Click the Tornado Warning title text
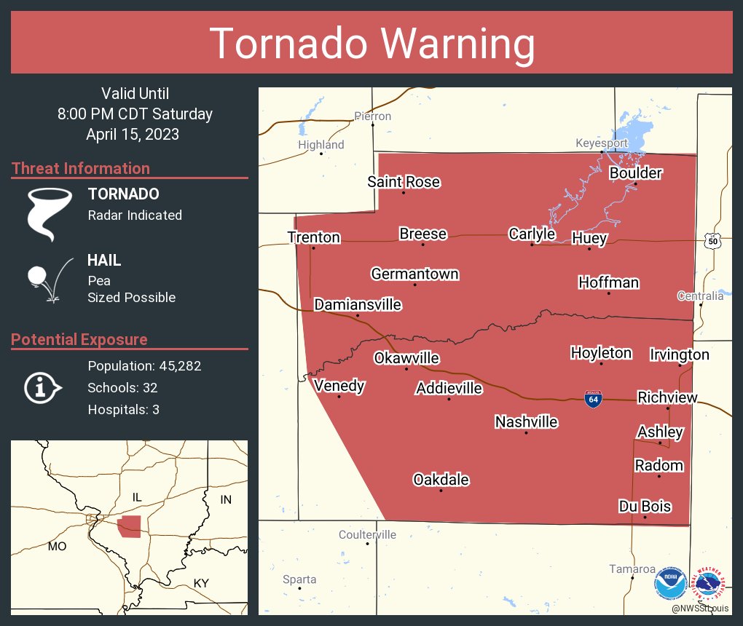(371, 44)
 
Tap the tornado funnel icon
(49, 214)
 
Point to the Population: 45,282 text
(144, 366)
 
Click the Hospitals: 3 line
(123, 410)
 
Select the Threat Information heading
(81, 169)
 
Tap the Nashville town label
(526, 422)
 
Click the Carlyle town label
(532, 234)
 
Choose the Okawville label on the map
(406, 358)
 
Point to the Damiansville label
(358, 304)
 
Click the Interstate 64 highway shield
(592, 399)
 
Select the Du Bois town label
(645, 507)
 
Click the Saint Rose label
(404, 182)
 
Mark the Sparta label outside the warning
(299, 579)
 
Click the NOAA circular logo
(670, 585)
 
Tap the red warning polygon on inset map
(130, 526)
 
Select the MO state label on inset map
(57, 546)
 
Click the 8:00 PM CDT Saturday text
(135, 114)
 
